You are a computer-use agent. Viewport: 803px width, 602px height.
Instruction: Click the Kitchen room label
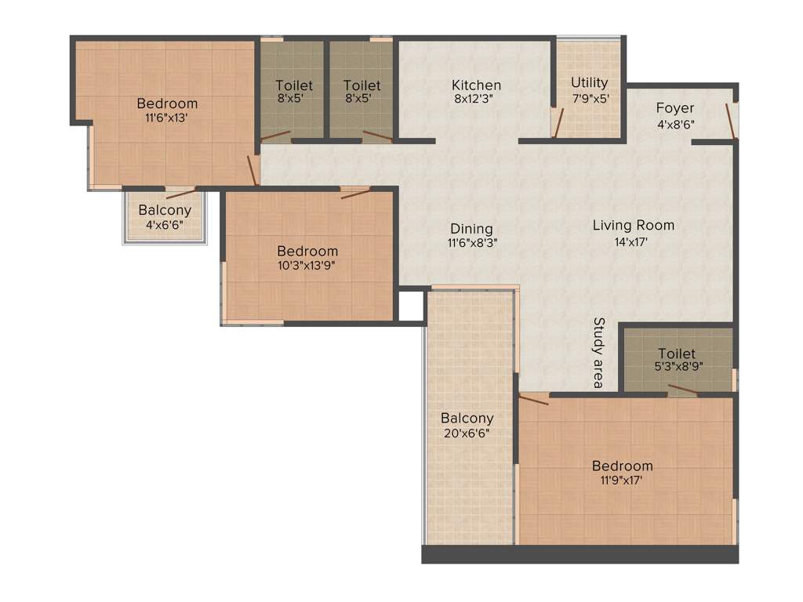pyautogui.click(x=476, y=85)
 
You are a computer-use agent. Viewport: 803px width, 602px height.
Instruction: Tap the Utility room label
pyautogui.click(x=589, y=83)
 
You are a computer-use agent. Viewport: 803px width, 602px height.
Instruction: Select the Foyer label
pyautogui.click(x=674, y=108)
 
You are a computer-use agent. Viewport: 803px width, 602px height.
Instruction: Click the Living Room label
pyautogui.click(x=633, y=226)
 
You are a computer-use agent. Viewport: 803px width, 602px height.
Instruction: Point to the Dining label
pyautogui.click(x=471, y=229)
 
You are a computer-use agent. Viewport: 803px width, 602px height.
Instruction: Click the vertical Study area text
pyautogui.click(x=598, y=353)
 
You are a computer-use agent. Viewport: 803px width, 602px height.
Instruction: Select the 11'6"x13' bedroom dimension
pyautogui.click(x=167, y=118)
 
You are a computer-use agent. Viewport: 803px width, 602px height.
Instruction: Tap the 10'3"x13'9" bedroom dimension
pyautogui.click(x=307, y=265)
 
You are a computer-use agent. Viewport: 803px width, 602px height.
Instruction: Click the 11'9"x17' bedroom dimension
pyautogui.click(x=622, y=480)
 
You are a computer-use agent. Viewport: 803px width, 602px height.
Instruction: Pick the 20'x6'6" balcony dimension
pyautogui.click(x=467, y=433)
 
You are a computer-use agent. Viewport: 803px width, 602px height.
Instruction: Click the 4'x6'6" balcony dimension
pyautogui.click(x=165, y=225)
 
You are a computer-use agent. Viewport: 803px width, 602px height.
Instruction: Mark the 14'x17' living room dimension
pyautogui.click(x=633, y=241)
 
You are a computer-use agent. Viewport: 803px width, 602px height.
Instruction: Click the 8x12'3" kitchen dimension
pyautogui.click(x=476, y=100)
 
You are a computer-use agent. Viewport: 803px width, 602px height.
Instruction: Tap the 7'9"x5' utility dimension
pyautogui.click(x=589, y=98)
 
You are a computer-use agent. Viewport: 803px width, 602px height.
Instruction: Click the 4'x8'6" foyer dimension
pyautogui.click(x=674, y=123)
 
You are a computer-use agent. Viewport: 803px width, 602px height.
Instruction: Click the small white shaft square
pyautogui.click(x=411, y=306)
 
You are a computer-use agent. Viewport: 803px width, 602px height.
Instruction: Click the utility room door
pyautogui.click(x=558, y=122)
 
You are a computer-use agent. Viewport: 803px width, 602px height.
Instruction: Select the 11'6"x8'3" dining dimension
pyautogui.click(x=471, y=243)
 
